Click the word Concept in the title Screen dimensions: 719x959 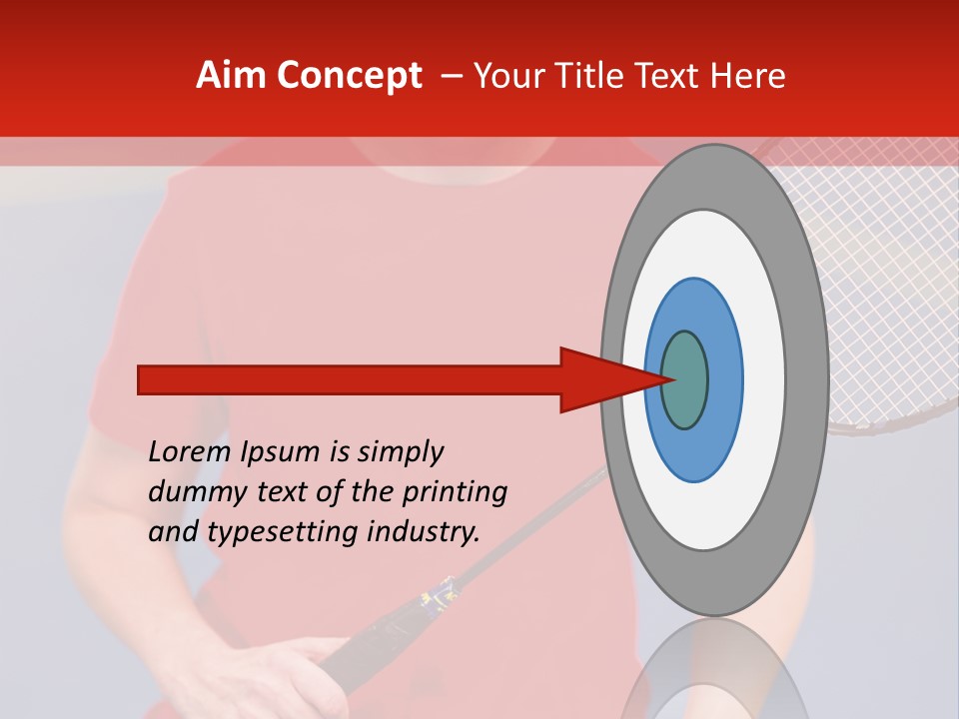349,76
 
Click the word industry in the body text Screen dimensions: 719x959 420,532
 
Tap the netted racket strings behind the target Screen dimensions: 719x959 879,280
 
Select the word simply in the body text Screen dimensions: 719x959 401,452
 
